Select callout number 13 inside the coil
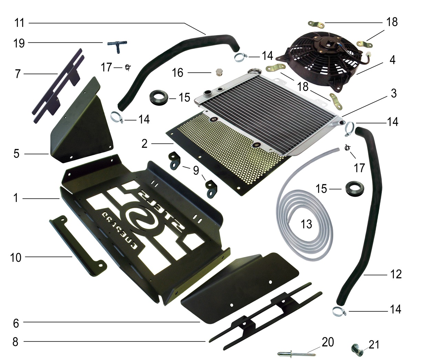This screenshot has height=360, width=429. coord(306,224)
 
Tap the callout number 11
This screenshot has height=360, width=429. coord(20,23)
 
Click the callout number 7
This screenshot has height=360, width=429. coord(18,74)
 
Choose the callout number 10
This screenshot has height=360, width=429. coord(16,257)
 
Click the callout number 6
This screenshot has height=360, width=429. coord(16,323)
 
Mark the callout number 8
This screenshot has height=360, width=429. coord(15,342)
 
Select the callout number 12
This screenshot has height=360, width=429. coord(396,274)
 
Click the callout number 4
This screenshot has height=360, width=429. coord(392,60)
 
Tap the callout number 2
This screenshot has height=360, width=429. coord(144,143)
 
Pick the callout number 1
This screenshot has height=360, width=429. coord(15,198)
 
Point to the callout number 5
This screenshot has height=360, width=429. coord(17,153)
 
